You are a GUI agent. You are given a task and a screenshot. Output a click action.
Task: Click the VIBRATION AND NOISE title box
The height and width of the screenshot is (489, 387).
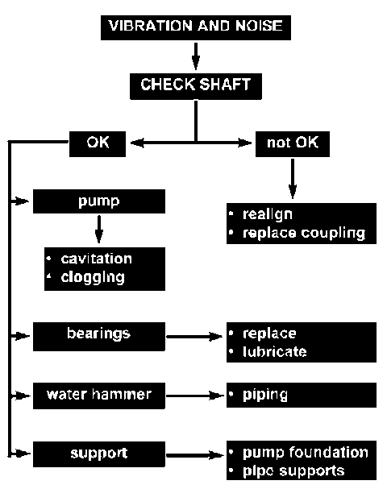[196, 27]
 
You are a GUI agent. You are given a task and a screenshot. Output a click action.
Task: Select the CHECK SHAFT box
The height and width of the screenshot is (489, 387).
[196, 86]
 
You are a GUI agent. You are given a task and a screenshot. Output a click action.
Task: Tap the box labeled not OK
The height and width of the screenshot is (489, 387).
[293, 143]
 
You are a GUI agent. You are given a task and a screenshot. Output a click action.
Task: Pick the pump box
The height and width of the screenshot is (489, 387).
[99, 201]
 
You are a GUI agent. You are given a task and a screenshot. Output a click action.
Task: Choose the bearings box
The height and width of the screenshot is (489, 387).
[99, 337]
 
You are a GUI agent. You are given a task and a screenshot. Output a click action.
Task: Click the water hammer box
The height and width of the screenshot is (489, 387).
[99, 396]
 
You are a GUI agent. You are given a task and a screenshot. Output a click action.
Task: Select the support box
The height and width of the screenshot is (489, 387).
[99, 454]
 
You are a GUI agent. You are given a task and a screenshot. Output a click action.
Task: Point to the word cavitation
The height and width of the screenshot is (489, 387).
[96, 259]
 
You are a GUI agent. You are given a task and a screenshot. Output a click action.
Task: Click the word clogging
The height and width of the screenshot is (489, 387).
[93, 278]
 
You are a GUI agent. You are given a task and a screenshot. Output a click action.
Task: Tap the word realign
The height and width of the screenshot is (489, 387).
[268, 215]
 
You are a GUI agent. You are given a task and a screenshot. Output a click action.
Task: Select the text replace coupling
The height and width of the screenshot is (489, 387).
[304, 234]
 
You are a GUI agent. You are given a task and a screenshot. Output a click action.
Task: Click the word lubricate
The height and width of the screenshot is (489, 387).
[275, 352]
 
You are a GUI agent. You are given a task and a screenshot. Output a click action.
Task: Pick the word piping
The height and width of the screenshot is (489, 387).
[265, 396]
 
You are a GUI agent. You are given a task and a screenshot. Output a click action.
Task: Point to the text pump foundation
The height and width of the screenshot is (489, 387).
[306, 453]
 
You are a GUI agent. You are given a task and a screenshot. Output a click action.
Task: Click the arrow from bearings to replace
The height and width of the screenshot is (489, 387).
[194, 337]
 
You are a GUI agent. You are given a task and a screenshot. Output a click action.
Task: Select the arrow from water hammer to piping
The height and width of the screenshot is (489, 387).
[195, 396]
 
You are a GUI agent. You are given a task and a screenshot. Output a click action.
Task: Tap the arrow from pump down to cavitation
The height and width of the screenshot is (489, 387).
[99, 230]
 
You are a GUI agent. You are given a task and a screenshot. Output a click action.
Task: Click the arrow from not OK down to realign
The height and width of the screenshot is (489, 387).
[293, 179]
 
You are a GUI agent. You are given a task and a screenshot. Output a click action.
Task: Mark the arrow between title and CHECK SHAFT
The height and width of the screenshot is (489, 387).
[196, 56]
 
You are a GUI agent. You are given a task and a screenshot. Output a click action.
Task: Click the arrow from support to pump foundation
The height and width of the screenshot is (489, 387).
[195, 455]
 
